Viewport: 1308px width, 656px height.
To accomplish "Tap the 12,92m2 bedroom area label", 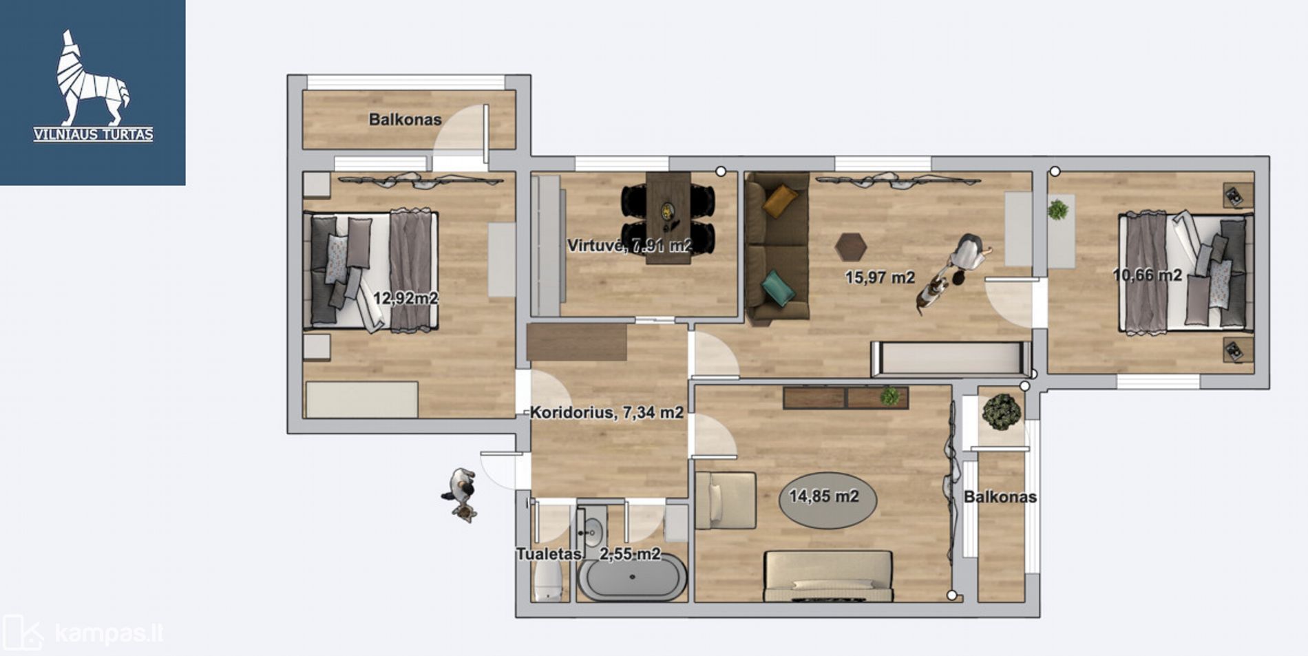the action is click(405, 298).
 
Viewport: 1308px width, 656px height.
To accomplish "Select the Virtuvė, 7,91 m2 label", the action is click(629, 246).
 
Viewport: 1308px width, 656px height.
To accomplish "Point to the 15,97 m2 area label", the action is click(880, 277).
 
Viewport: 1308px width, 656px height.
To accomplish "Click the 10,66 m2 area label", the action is click(1148, 275).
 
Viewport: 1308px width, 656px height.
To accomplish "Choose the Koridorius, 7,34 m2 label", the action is click(606, 412).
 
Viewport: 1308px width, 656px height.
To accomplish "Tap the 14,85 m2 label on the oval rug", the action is click(824, 496).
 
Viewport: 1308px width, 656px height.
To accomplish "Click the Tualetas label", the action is click(549, 554).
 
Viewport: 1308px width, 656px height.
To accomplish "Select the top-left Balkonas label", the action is click(405, 119).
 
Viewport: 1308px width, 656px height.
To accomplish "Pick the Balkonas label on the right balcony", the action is click(1000, 497).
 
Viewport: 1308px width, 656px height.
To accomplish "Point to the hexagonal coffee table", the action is click(850, 246).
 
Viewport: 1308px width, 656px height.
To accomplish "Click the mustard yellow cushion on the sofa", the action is click(781, 200).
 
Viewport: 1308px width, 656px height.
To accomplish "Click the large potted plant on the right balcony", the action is click(1002, 412).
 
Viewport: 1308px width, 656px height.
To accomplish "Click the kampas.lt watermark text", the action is click(109, 633).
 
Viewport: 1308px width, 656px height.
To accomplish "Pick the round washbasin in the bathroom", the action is click(591, 531).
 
